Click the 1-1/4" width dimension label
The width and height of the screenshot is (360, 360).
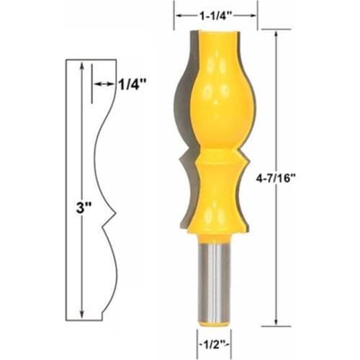click(215, 13)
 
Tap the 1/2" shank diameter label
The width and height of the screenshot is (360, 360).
click(215, 343)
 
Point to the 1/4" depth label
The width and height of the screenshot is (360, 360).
click(132, 83)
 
